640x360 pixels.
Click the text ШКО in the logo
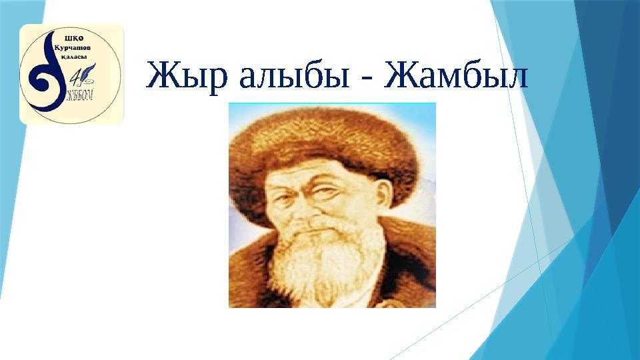click(71, 37)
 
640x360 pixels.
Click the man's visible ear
click(385, 200)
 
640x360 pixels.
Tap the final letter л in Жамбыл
click(515, 77)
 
